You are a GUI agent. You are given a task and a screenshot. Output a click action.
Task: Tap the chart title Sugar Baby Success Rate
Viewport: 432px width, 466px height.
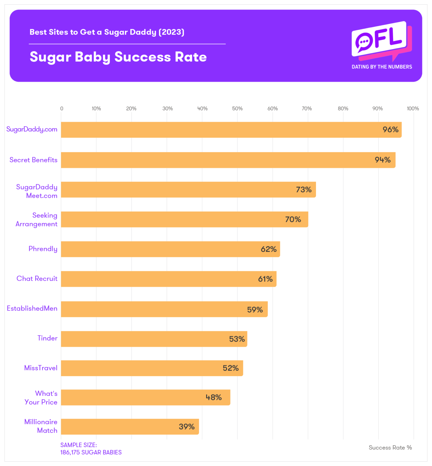[x=118, y=57]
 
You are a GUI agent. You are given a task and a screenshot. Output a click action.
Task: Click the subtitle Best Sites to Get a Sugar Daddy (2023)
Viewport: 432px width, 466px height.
[x=107, y=32]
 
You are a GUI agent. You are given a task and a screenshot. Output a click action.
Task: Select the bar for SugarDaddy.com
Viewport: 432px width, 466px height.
[x=231, y=130]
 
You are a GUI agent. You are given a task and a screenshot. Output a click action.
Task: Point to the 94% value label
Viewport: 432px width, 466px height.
[x=383, y=160]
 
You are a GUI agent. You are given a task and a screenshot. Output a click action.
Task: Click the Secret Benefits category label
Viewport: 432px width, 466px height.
[x=33, y=160]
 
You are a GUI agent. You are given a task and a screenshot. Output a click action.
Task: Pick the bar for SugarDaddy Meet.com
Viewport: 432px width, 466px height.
[x=188, y=190]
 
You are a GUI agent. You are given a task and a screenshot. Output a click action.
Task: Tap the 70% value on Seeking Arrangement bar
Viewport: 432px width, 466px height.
[x=293, y=219]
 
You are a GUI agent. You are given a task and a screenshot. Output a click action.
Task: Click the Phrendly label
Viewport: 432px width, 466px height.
[x=43, y=249]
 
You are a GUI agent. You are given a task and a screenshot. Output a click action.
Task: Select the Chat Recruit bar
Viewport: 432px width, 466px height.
[x=168, y=279]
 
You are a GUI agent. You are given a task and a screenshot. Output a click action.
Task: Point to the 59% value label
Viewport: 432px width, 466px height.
[x=255, y=309]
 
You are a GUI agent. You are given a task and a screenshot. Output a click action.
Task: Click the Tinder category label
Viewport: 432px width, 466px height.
[x=47, y=338]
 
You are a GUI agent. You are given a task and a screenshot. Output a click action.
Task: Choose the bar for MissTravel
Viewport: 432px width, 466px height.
[x=152, y=368]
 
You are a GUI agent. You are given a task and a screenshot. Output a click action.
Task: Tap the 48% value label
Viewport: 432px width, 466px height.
[x=213, y=397]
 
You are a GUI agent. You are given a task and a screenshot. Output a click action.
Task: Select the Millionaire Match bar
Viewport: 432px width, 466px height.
[x=130, y=427]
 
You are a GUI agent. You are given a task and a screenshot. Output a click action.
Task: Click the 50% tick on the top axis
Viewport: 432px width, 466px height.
[x=237, y=109]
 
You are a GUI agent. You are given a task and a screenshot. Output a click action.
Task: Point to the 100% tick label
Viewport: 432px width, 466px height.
[x=413, y=109]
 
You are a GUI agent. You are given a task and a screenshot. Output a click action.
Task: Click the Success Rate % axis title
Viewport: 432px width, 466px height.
[x=390, y=447]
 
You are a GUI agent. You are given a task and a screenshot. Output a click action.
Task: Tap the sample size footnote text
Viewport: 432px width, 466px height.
[x=91, y=449]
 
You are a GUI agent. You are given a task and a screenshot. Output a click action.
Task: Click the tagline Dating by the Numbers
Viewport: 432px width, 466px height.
[x=382, y=67]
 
